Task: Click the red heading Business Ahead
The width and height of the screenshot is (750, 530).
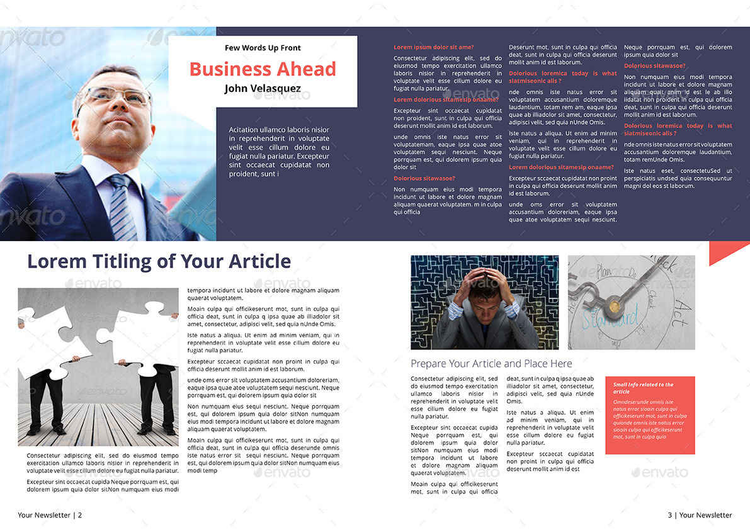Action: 263,69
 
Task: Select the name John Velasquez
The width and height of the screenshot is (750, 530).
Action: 263,89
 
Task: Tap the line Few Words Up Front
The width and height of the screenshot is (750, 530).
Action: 263,48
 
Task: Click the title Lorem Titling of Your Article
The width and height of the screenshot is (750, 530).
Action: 159,261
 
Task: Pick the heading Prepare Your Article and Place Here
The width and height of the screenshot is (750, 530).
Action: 491,364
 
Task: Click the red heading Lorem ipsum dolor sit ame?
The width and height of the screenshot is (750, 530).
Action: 433,47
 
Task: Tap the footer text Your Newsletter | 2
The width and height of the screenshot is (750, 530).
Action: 50,515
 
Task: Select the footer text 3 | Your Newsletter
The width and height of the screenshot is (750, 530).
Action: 700,515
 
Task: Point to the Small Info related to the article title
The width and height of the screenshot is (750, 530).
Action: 643,388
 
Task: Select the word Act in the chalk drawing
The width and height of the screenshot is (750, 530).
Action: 681,308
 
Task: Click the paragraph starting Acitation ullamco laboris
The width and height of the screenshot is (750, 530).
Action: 279,152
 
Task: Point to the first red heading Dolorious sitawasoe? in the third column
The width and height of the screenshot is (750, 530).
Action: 654,65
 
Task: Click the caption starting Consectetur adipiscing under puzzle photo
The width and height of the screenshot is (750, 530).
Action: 103,463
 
